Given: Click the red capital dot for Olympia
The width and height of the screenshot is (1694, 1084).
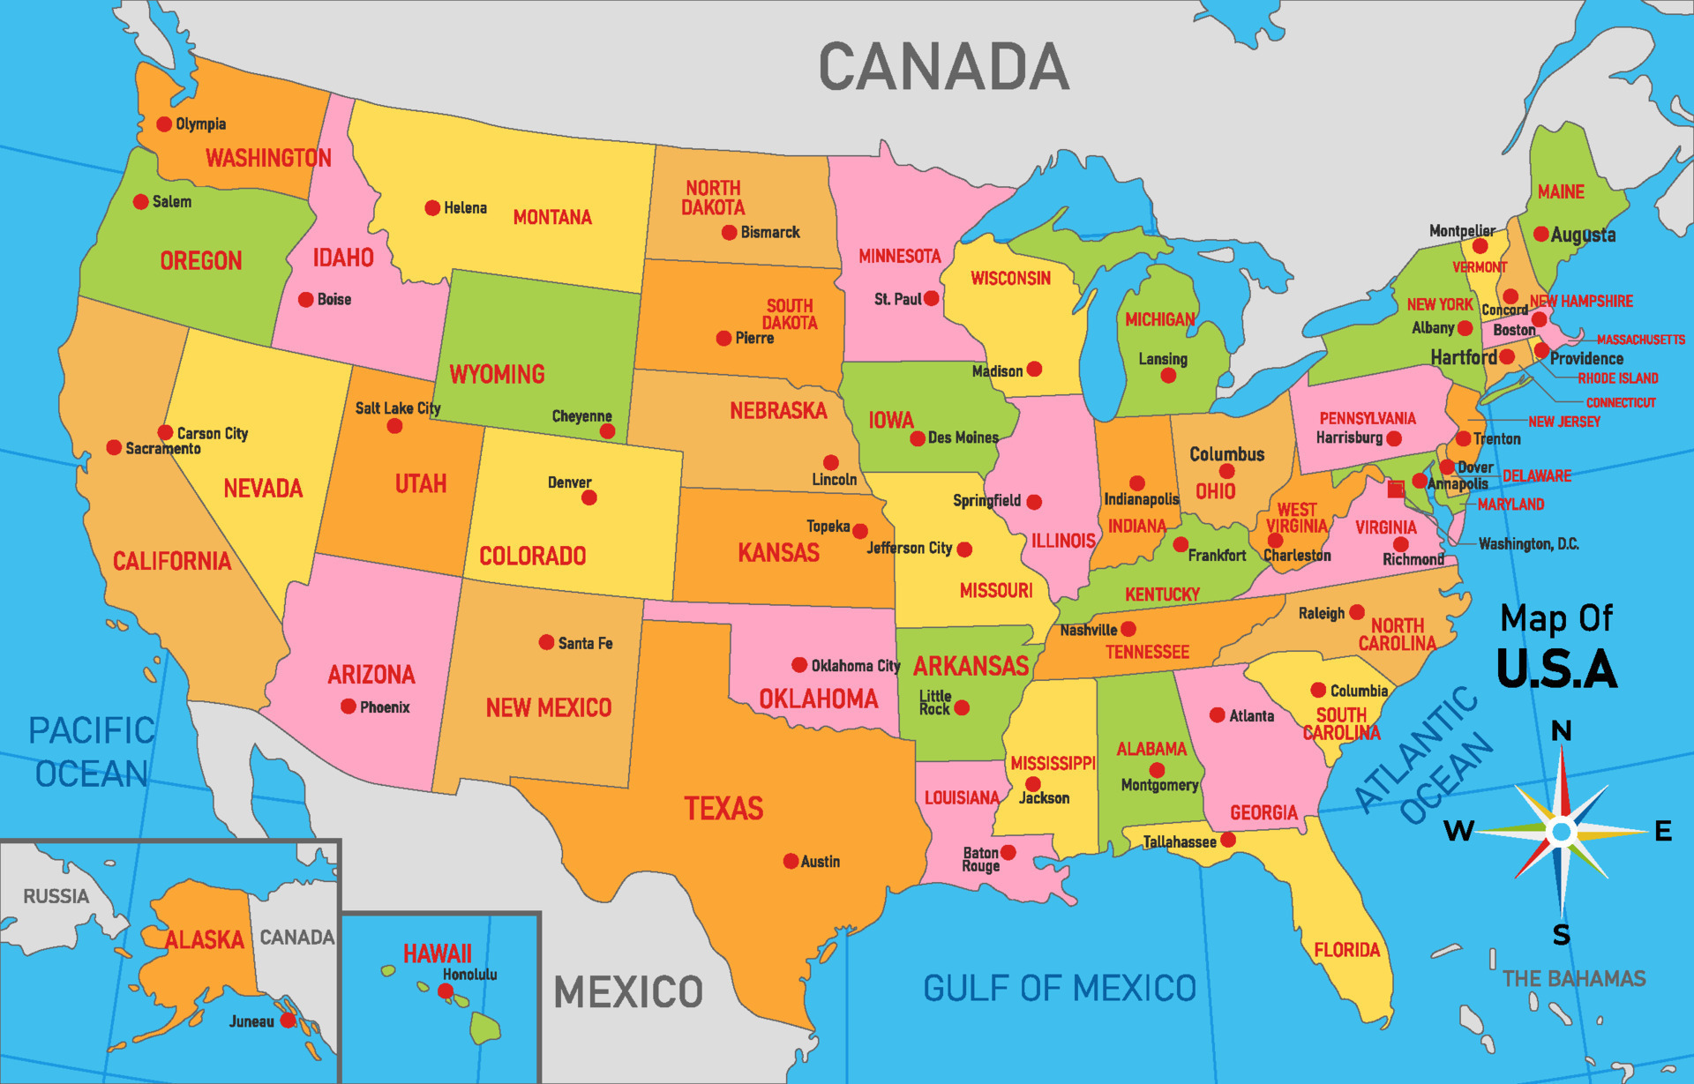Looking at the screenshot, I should [164, 124].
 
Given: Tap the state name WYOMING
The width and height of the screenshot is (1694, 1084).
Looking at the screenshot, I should [497, 374].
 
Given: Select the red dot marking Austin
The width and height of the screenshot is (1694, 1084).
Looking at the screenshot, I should [791, 861].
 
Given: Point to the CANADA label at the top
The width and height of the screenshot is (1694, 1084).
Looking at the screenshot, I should [943, 67].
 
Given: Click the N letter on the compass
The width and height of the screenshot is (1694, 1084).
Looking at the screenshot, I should [1561, 730].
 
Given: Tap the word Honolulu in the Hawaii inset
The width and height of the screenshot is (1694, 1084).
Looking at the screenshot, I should [469, 975].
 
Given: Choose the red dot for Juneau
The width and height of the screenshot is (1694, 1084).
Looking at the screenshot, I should [288, 1020].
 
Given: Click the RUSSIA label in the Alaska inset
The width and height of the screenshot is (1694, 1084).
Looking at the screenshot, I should [56, 896].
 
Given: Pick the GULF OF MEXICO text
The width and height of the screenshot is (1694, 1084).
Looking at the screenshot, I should [1059, 988].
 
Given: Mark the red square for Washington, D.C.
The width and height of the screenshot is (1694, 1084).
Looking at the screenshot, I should [1395, 489].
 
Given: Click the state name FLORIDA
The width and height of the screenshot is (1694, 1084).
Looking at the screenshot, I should [1346, 950].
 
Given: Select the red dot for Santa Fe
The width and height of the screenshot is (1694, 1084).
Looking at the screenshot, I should [546, 642].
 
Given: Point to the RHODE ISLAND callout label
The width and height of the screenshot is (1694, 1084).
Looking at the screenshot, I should [1617, 378].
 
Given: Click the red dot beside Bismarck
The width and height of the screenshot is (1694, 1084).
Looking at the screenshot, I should [729, 233].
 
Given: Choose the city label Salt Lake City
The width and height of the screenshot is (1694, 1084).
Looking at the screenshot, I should [397, 408].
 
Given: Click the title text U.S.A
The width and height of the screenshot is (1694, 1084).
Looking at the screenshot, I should [1556, 669].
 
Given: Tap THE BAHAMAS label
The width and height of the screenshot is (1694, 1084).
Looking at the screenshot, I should [1573, 978].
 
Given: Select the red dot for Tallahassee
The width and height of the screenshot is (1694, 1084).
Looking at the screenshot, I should [1228, 840].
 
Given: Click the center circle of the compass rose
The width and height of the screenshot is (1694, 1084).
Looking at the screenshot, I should [1562, 831].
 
